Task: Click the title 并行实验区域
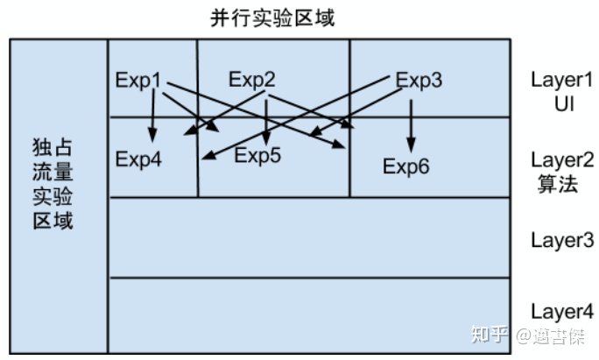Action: coord(260,17)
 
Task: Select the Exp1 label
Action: coord(138,80)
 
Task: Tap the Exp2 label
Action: coord(252,80)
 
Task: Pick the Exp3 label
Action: coord(419,80)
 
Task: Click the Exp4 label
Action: coord(138,159)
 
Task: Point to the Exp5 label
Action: coord(257,156)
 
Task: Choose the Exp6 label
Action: coord(406,166)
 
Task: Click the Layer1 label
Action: coord(562,79)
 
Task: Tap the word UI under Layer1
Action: coord(562,103)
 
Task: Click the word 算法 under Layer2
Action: coord(558,184)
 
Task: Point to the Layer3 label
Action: coord(562,240)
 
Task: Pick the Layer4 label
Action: coord(562,311)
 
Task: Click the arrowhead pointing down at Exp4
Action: coord(152,136)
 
